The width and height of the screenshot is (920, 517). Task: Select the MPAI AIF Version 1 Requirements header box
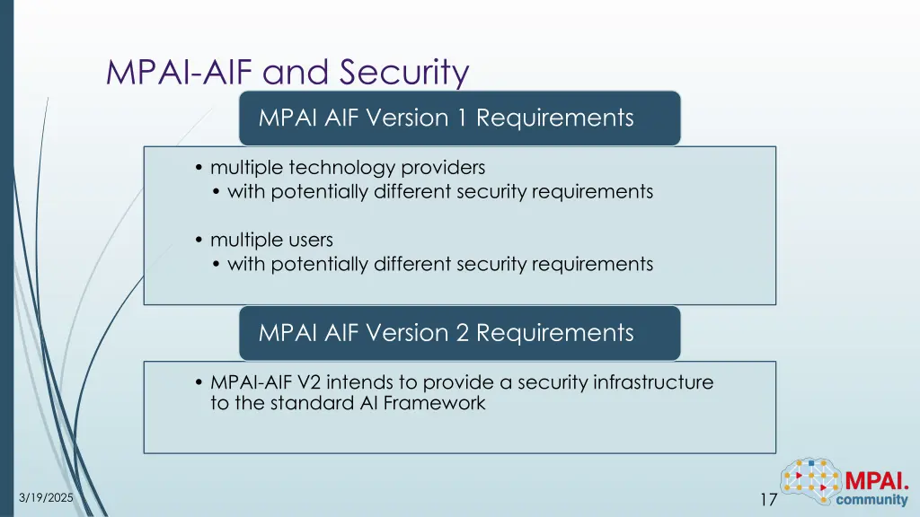click(459, 118)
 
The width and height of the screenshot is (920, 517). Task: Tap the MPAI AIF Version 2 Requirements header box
click(459, 333)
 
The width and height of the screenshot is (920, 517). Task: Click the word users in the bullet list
click(311, 240)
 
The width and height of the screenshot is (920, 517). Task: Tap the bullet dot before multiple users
click(199, 241)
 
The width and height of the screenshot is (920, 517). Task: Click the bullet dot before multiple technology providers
click(199, 169)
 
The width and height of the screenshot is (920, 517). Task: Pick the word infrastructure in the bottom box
click(653, 382)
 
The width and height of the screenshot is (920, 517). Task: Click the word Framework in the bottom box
click(435, 403)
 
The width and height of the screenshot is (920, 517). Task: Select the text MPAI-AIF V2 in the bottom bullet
click(260, 382)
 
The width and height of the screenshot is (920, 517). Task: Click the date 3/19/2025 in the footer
click(47, 498)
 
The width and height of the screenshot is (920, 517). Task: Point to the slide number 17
click(768, 499)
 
